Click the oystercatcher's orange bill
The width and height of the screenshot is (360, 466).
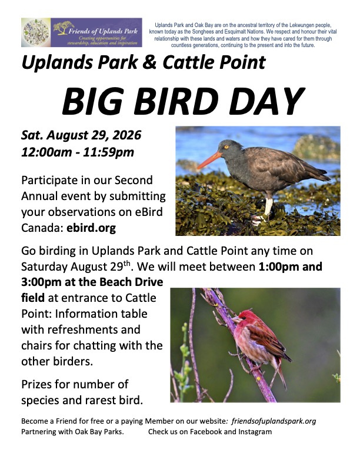pyautogui.click(x=209, y=159)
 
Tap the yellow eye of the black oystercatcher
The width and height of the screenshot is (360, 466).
pyautogui.click(x=226, y=147)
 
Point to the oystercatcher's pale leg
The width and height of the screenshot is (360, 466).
pyautogui.click(x=268, y=206)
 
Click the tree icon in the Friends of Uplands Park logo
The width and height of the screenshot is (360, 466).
pyautogui.click(x=64, y=28)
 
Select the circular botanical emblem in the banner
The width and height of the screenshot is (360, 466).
pyautogui.click(x=36, y=32)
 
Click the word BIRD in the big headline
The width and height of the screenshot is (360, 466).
pyautogui.click(x=176, y=101)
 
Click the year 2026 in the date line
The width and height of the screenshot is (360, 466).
pyautogui.click(x=127, y=135)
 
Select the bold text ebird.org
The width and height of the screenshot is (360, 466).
pyautogui.click(x=91, y=228)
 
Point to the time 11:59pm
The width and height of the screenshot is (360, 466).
pyautogui.click(x=108, y=152)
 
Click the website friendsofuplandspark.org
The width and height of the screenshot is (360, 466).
pyautogui.click(x=274, y=421)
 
